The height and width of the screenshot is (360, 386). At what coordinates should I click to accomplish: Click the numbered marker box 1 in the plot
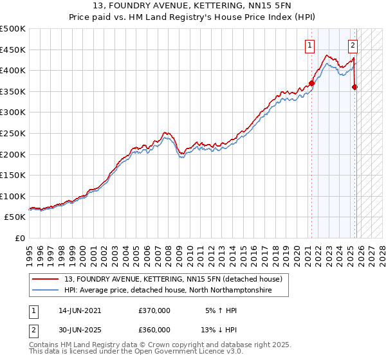coord(310,45)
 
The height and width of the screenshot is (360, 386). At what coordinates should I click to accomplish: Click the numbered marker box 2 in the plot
coord(353,45)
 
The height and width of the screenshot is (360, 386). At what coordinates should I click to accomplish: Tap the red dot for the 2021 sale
coord(312,83)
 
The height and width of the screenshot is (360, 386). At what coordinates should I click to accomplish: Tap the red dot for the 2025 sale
coord(354,87)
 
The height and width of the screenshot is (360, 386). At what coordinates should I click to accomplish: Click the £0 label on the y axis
coord(19,239)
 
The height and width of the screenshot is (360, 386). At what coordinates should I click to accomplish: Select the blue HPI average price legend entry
coord(168,291)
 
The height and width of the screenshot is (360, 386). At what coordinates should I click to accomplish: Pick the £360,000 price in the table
coord(154,330)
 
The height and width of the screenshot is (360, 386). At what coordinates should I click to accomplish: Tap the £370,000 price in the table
coord(154,310)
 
